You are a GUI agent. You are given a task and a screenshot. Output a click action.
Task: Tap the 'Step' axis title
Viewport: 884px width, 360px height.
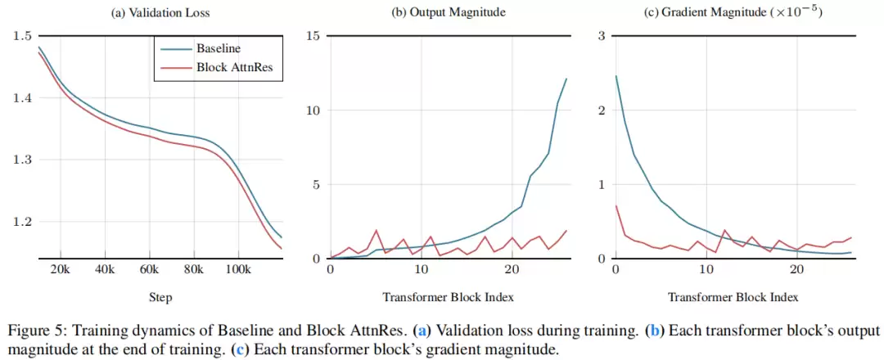point(160,297)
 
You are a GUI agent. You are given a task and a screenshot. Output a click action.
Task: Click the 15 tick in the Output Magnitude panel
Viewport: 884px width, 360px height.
point(313,37)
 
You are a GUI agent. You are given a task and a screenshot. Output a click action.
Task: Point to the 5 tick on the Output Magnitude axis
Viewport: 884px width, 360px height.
point(316,185)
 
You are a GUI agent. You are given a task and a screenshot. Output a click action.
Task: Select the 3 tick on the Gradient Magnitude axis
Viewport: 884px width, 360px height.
point(601,37)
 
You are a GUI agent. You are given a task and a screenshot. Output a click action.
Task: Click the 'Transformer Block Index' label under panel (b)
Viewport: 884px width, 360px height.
point(449,297)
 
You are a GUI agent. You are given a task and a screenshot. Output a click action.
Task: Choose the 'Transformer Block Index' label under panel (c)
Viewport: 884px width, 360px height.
point(733,297)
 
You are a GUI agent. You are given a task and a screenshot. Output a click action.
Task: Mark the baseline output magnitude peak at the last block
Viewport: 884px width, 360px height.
point(566,79)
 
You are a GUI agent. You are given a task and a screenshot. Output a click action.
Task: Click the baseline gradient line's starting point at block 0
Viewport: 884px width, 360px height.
point(616,76)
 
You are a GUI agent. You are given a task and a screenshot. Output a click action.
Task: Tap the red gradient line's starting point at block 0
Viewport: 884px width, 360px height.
point(616,205)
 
